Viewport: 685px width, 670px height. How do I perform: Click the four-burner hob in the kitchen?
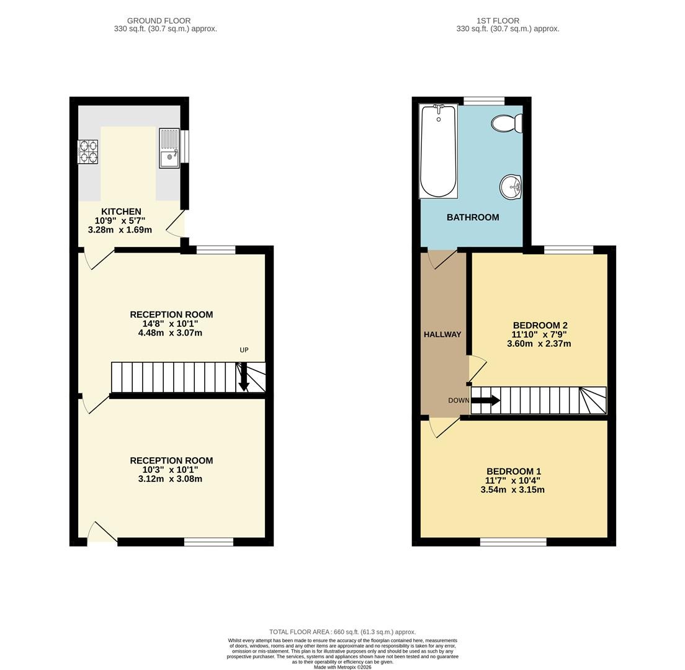[88, 151]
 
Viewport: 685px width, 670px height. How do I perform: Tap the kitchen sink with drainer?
[169, 148]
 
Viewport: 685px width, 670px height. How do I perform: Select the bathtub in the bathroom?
[438, 151]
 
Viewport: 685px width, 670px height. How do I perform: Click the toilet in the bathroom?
[507, 123]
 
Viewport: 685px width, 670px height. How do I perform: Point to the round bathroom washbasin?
[511, 187]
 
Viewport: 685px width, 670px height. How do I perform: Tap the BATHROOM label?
[473, 217]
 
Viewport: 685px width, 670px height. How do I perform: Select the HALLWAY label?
[442, 334]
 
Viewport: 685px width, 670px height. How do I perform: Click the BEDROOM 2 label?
[540, 325]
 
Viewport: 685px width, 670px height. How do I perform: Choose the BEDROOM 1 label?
[514, 471]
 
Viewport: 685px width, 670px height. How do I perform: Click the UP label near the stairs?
[244, 350]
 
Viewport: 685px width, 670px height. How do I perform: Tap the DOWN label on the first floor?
[459, 400]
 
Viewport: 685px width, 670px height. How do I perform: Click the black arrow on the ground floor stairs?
[244, 377]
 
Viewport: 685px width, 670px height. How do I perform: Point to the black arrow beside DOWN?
[486, 400]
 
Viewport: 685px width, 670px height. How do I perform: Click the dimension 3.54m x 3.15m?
[513, 489]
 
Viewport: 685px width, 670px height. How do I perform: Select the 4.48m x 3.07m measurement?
[170, 333]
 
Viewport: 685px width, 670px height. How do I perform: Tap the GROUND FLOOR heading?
[159, 20]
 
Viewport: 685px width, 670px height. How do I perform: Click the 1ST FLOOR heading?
[498, 20]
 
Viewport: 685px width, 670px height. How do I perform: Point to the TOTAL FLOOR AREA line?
[342, 632]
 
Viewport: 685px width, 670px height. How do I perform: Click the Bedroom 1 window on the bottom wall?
[513, 542]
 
